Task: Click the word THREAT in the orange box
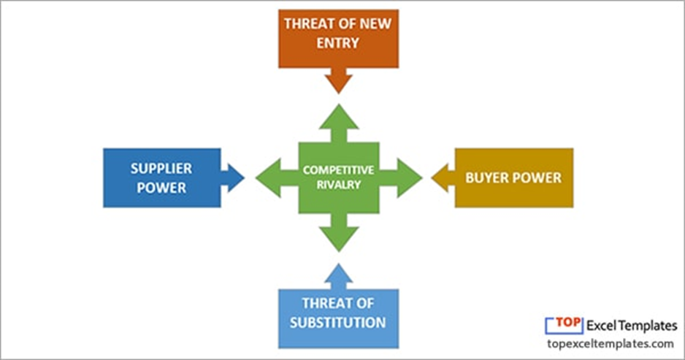[x=308, y=23]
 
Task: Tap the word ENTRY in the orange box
[x=338, y=42]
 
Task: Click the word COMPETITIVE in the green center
[x=339, y=170]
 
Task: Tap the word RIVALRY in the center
[x=339, y=185]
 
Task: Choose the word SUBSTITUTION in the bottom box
[x=338, y=322]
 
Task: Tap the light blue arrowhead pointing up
[x=338, y=275]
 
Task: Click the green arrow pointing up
[x=339, y=120]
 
